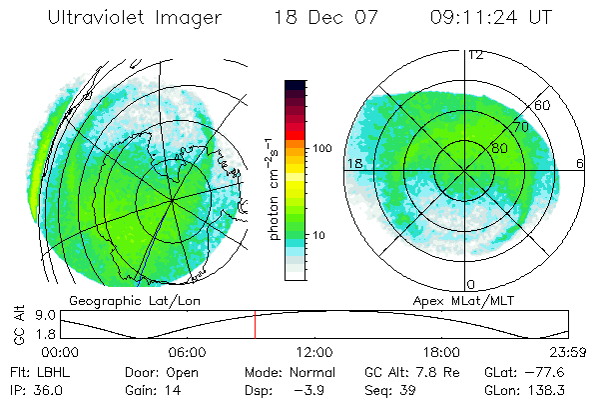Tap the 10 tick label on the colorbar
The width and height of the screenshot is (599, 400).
pyautogui.click(x=319, y=236)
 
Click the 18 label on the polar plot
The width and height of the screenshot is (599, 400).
pyautogui.click(x=353, y=163)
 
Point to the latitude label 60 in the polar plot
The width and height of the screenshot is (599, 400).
pyautogui.click(x=542, y=105)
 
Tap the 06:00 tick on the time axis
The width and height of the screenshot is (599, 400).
pyautogui.click(x=187, y=352)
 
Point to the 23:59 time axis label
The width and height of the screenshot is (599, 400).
pyautogui.click(x=567, y=352)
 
